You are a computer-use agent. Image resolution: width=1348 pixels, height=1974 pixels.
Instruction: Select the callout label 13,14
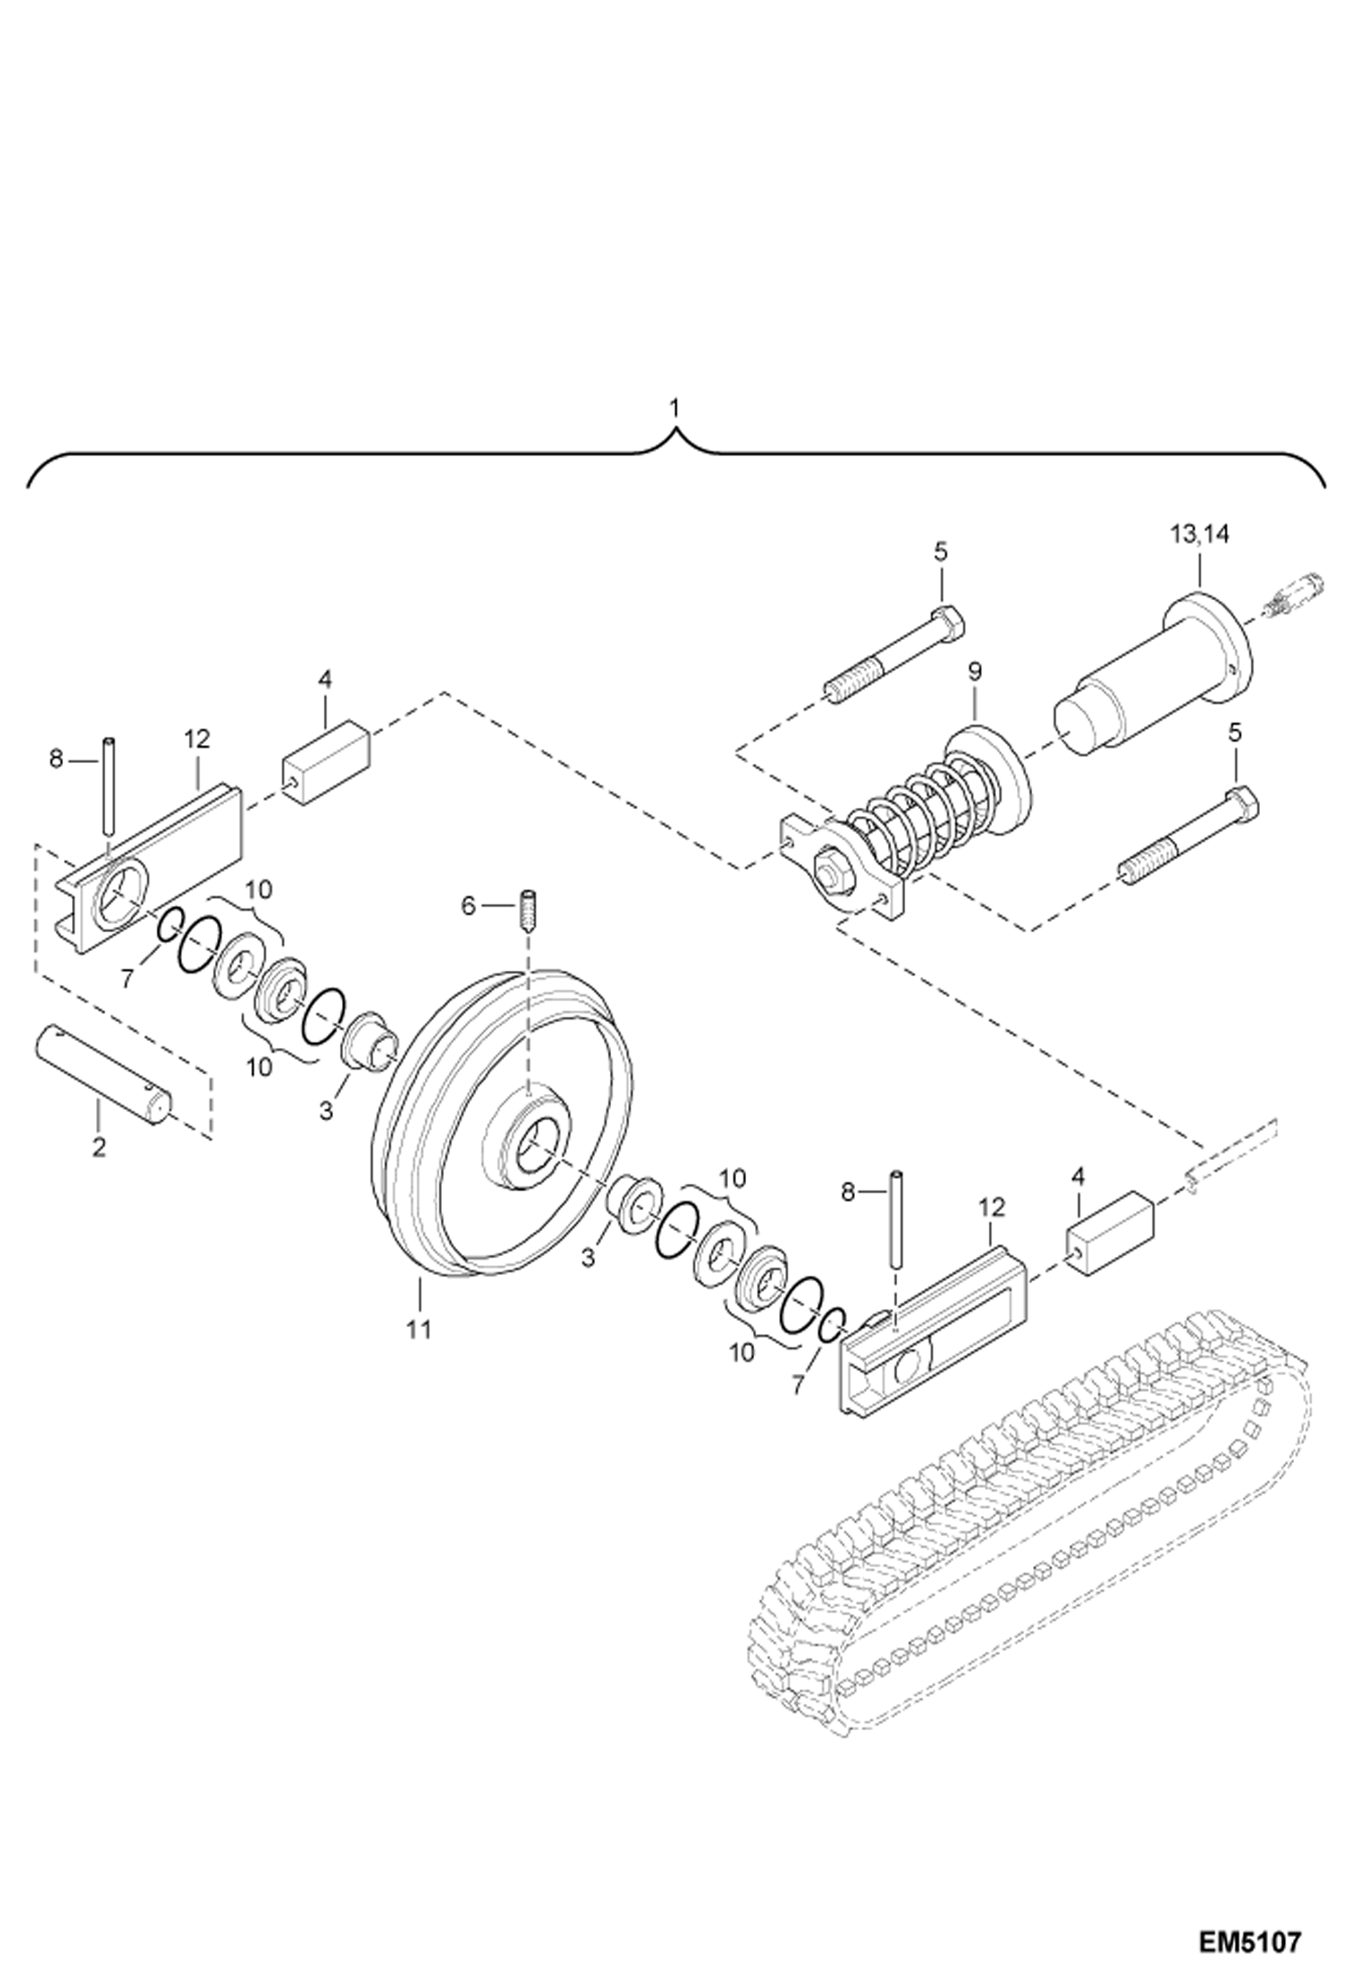(x=1200, y=534)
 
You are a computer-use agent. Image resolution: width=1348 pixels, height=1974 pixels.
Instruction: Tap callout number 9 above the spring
(x=975, y=671)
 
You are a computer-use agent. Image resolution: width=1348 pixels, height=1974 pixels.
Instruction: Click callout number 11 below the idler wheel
(x=419, y=1329)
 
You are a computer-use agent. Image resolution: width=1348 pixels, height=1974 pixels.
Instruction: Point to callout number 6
(x=467, y=906)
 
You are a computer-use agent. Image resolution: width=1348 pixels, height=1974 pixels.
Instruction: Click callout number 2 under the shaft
(x=98, y=1147)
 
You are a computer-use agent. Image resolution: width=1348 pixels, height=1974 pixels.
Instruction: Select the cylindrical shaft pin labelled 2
(x=104, y=1075)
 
